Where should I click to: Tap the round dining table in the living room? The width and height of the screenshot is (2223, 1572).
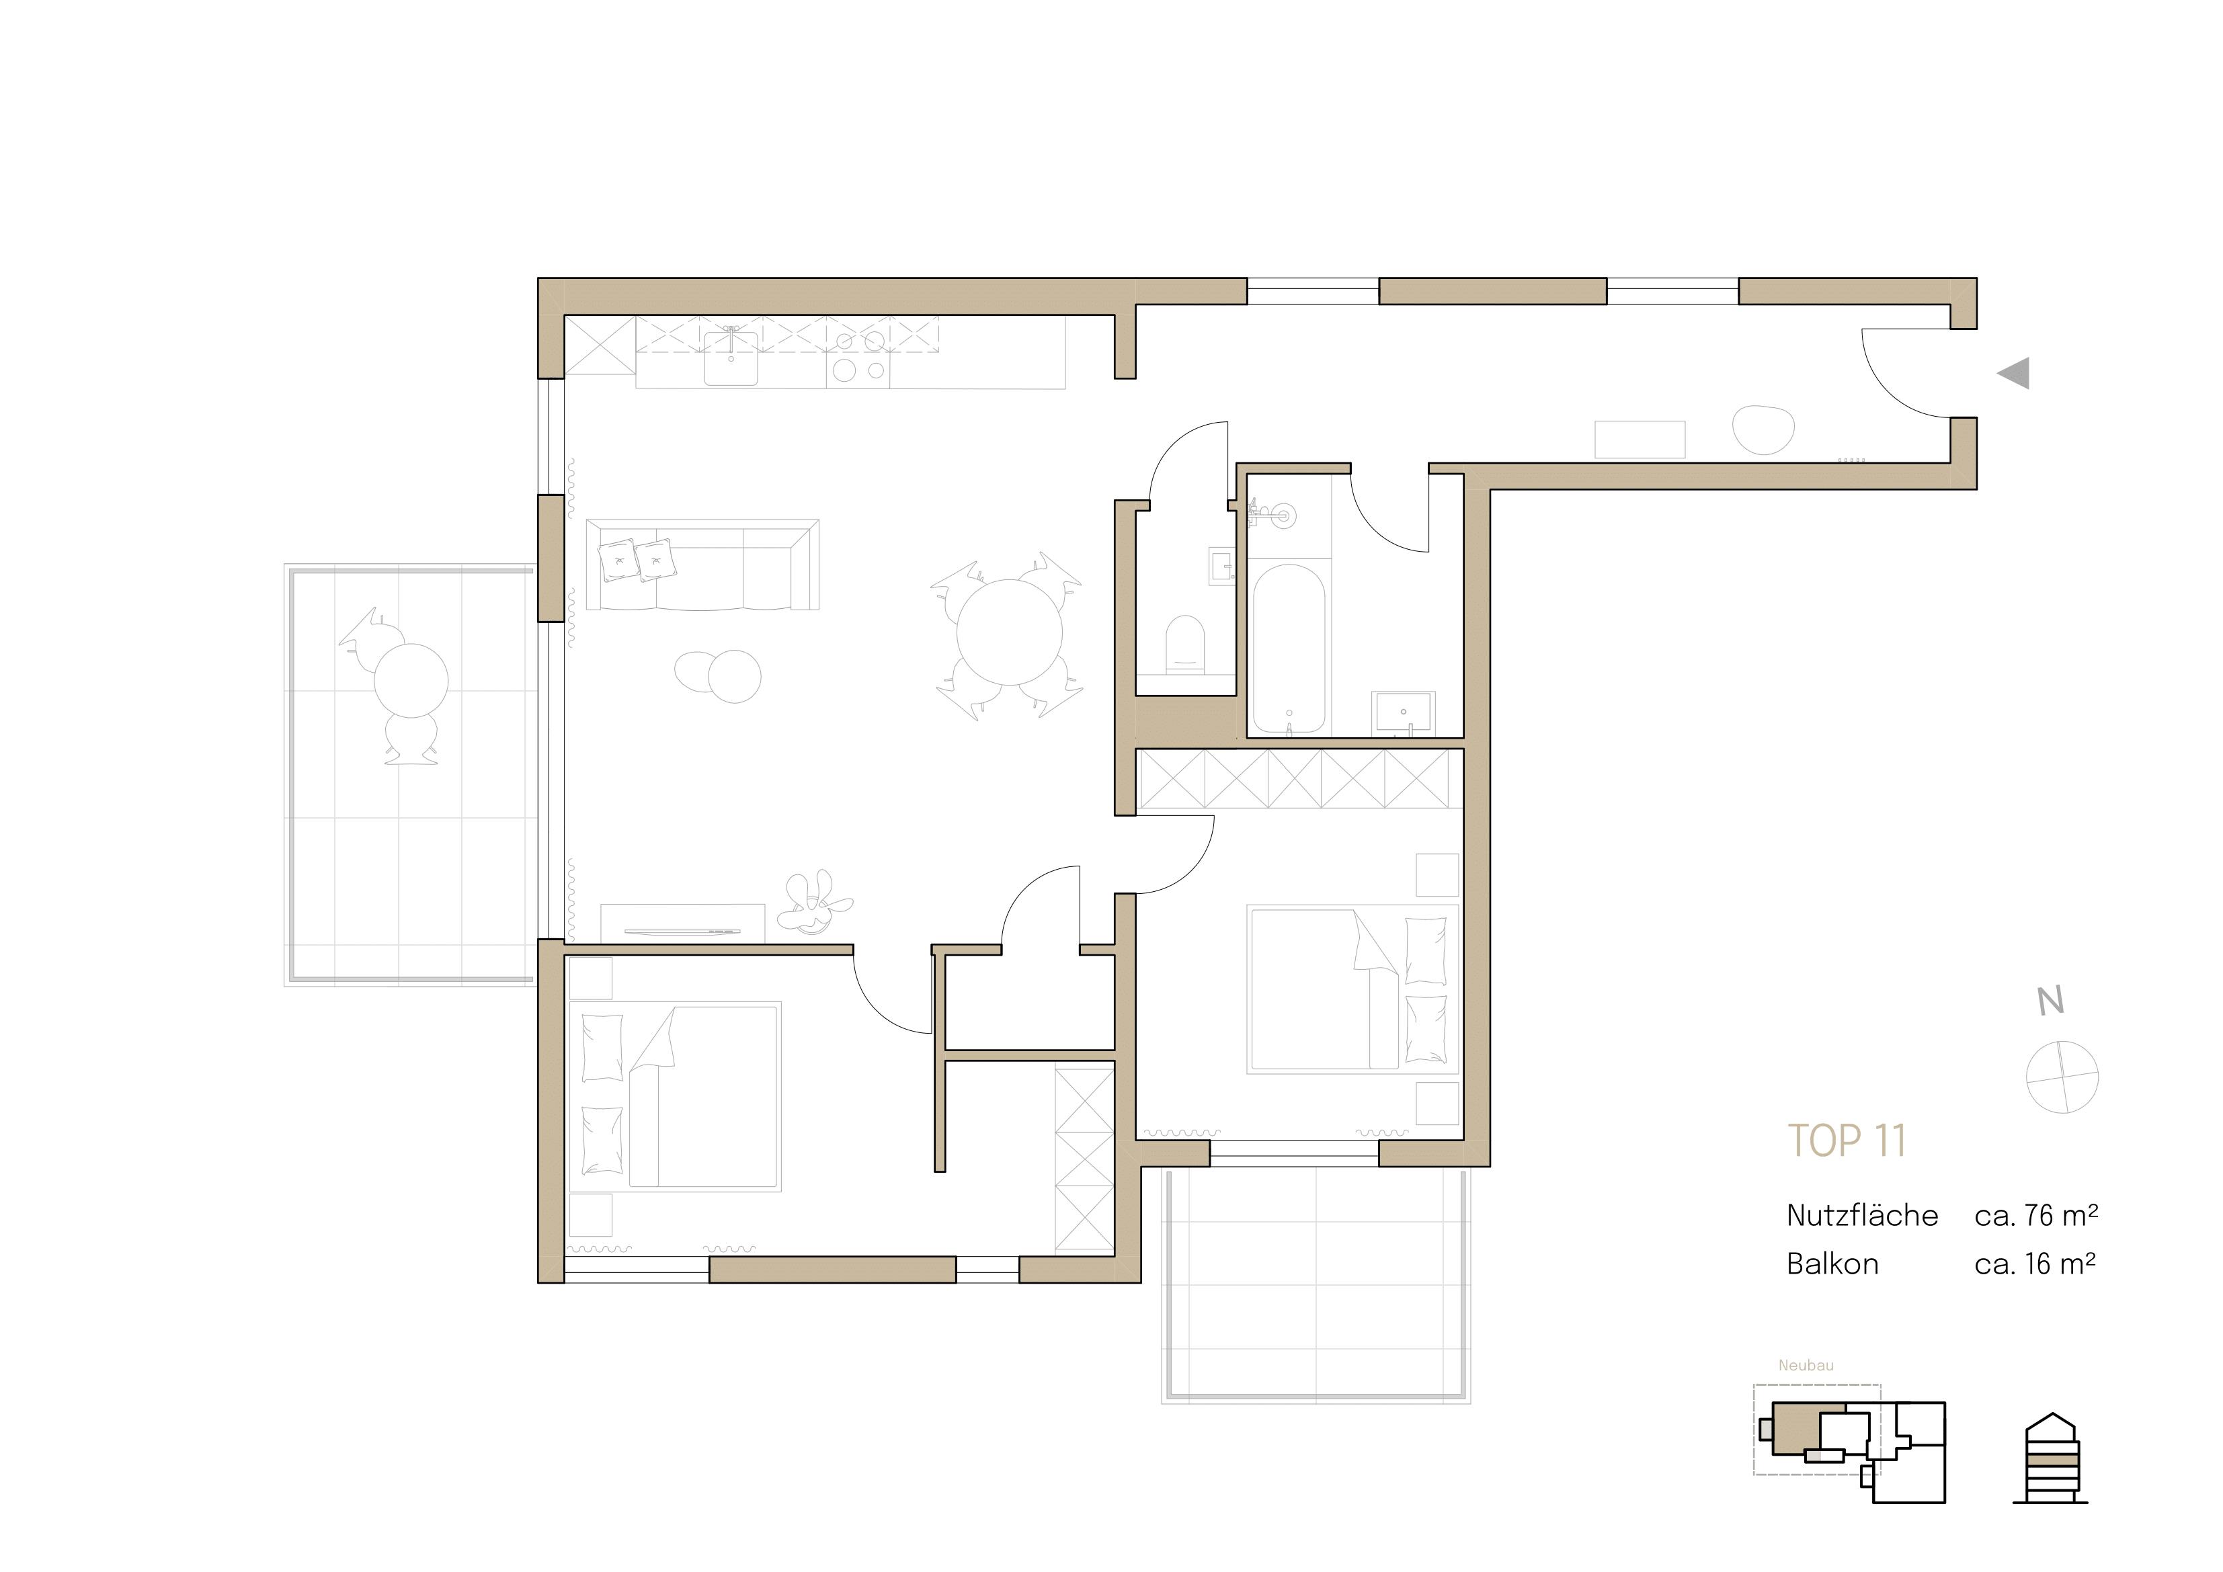1009,632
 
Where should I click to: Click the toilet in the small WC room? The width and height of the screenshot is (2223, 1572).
1185,644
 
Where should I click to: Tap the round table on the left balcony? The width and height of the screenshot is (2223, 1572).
411,679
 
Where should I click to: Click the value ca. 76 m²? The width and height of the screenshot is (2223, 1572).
2035,1216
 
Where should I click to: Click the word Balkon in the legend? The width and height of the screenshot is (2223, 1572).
1832,1264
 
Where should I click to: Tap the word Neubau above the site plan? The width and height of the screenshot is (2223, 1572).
1806,1366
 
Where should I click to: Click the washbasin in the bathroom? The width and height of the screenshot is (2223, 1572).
1403,712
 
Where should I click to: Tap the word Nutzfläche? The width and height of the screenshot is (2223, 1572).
1862,1216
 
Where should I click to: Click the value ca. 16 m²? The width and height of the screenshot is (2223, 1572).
2035,1264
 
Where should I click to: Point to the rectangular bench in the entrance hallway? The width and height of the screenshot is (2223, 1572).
1640,440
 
